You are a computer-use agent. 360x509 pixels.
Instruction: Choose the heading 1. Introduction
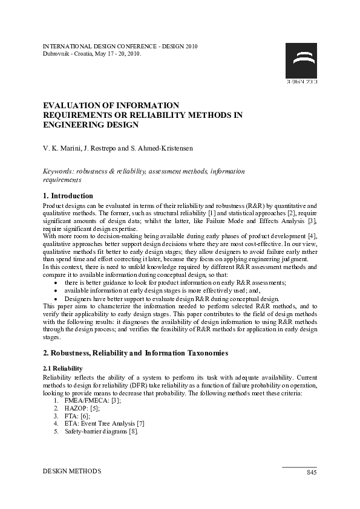68,196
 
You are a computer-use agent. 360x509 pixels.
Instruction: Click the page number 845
311,472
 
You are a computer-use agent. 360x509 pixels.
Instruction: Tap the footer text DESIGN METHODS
72,470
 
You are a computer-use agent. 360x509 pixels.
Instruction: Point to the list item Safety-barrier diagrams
97,432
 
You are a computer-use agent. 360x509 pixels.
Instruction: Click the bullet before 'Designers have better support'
56,299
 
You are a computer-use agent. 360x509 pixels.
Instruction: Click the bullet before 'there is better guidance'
56,282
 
